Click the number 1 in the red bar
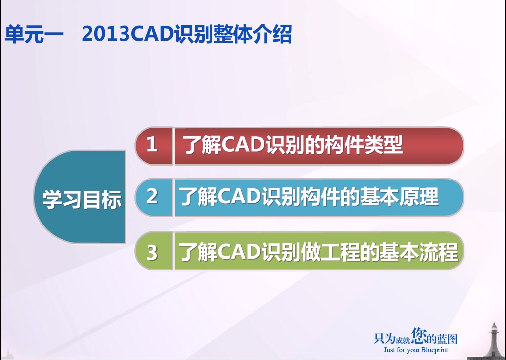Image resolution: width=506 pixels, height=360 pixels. tap(152, 144)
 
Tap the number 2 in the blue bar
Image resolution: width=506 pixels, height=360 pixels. tap(152, 196)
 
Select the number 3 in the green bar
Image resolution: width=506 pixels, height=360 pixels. tap(152, 253)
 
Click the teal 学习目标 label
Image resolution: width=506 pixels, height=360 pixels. tap(82, 199)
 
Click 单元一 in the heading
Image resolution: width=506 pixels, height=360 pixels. tap(34, 34)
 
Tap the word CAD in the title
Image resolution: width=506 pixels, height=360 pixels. tap(152, 34)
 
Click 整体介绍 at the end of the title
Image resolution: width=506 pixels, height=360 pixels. tap(253, 34)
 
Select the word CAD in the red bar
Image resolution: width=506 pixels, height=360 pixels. tap(243, 144)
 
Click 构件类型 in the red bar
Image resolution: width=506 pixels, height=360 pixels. tap(364, 145)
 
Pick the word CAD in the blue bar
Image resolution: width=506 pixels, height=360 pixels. tap(239, 196)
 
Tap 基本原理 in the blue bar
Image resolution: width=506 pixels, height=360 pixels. tap(399, 196)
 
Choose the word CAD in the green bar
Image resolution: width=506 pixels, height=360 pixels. tap(239, 252)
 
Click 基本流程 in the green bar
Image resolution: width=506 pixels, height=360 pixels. tap(419, 252)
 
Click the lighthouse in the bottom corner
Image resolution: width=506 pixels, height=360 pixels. tap(493, 341)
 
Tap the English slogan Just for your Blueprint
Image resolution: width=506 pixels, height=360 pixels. tap(416, 350)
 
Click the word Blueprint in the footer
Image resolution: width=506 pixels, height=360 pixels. tap(434, 350)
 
